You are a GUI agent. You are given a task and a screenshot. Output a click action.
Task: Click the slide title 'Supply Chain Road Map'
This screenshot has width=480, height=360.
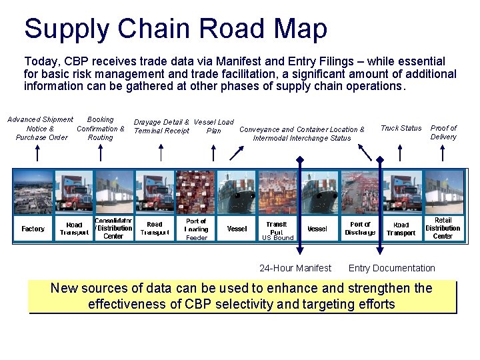(x=175, y=29)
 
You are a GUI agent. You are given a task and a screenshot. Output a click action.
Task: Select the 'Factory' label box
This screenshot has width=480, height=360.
(x=33, y=229)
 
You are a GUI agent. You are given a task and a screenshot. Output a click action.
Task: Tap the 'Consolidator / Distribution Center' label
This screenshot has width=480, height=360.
(x=113, y=228)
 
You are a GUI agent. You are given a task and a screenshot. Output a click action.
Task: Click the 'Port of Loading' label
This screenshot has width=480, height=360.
(x=196, y=225)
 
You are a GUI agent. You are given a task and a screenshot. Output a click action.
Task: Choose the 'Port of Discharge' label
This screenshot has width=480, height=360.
(x=360, y=229)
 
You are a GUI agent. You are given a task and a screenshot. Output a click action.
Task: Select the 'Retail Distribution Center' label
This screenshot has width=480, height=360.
(x=443, y=228)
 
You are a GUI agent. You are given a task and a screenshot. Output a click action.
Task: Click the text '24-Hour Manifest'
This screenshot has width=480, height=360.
(x=295, y=268)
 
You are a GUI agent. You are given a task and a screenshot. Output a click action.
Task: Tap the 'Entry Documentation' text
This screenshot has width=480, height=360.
(x=391, y=268)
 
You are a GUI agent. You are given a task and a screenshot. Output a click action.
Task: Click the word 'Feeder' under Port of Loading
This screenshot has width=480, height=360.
(x=196, y=238)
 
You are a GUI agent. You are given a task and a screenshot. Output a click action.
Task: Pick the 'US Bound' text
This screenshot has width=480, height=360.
(x=277, y=238)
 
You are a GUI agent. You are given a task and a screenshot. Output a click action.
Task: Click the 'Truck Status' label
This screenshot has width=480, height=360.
(x=401, y=128)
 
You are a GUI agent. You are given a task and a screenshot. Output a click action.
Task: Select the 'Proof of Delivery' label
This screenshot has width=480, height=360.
(x=443, y=132)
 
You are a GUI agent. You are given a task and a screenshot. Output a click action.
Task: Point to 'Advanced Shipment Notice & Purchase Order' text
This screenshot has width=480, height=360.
(x=41, y=128)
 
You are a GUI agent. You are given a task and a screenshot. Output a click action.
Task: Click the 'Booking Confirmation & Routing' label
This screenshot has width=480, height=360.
(x=101, y=128)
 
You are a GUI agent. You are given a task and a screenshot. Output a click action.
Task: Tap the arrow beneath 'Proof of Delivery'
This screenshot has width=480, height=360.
(x=443, y=153)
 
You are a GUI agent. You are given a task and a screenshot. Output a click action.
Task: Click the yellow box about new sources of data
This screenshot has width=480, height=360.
(x=242, y=297)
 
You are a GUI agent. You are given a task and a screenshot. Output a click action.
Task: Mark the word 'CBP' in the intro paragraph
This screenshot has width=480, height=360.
(x=73, y=61)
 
